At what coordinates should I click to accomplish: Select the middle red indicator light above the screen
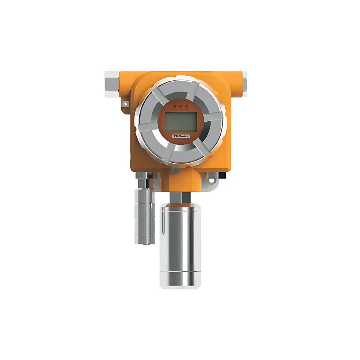click(181, 106)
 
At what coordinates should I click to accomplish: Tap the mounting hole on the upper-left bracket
click(125, 104)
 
